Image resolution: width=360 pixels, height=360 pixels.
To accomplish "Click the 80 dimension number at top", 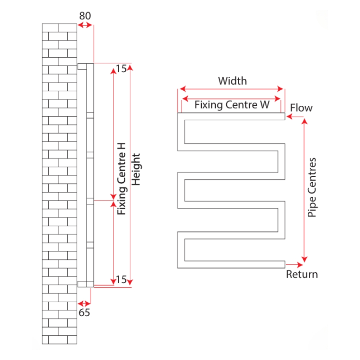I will pyautogui.click(x=85, y=16).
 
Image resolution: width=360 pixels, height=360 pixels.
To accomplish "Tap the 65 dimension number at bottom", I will pyautogui.click(x=84, y=312).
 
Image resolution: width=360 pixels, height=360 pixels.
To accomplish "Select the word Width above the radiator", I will pyautogui.click(x=232, y=81).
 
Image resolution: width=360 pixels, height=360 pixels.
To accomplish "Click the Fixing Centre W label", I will pyautogui.click(x=232, y=105).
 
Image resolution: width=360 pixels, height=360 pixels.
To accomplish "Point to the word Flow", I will pyautogui.click(x=301, y=108).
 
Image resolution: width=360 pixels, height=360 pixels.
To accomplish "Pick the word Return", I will pyautogui.click(x=302, y=274).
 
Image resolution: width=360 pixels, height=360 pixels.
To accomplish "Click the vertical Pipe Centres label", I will pyautogui.click(x=312, y=187).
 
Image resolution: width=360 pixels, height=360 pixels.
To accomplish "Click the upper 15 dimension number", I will pyautogui.click(x=121, y=68).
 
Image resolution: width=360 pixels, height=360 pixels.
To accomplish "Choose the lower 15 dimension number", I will pyautogui.click(x=121, y=280).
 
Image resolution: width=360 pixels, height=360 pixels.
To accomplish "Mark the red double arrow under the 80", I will pyautogui.click(x=85, y=25).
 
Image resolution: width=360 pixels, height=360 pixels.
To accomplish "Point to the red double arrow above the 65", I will pyautogui.click(x=84, y=303).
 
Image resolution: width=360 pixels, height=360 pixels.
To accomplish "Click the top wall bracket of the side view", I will pyautogui.click(x=82, y=67).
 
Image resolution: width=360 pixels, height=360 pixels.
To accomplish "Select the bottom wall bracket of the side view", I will pyautogui.click(x=82, y=284).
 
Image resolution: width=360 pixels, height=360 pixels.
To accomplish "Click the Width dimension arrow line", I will pyautogui.click(x=232, y=89).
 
